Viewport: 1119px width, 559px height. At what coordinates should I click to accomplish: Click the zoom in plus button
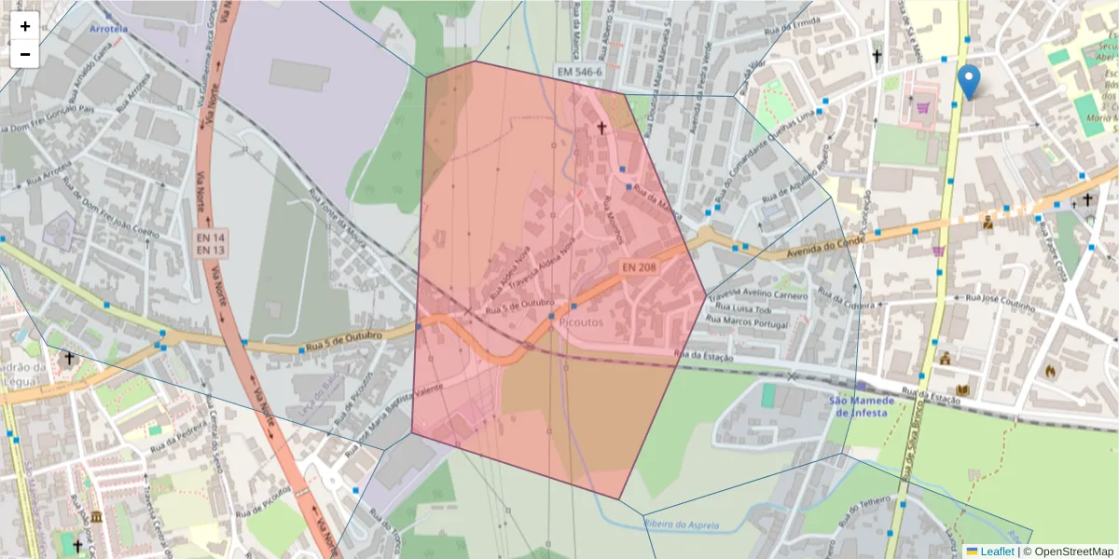click(25, 26)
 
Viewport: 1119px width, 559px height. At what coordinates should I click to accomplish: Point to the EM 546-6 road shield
click(579, 71)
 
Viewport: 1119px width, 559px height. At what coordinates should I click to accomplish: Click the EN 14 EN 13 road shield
click(211, 244)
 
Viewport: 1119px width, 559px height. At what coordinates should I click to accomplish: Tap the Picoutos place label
click(582, 322)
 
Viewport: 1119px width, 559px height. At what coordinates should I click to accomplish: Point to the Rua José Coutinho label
click(1001, 301)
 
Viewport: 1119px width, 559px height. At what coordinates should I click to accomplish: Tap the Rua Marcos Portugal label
click(747, 322)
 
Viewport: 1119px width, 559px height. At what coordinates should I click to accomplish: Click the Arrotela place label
click(108, 29)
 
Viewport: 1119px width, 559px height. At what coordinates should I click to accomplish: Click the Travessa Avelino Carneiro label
click(757, 296)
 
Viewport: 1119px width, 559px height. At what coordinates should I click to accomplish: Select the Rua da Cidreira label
click(836, 300)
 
